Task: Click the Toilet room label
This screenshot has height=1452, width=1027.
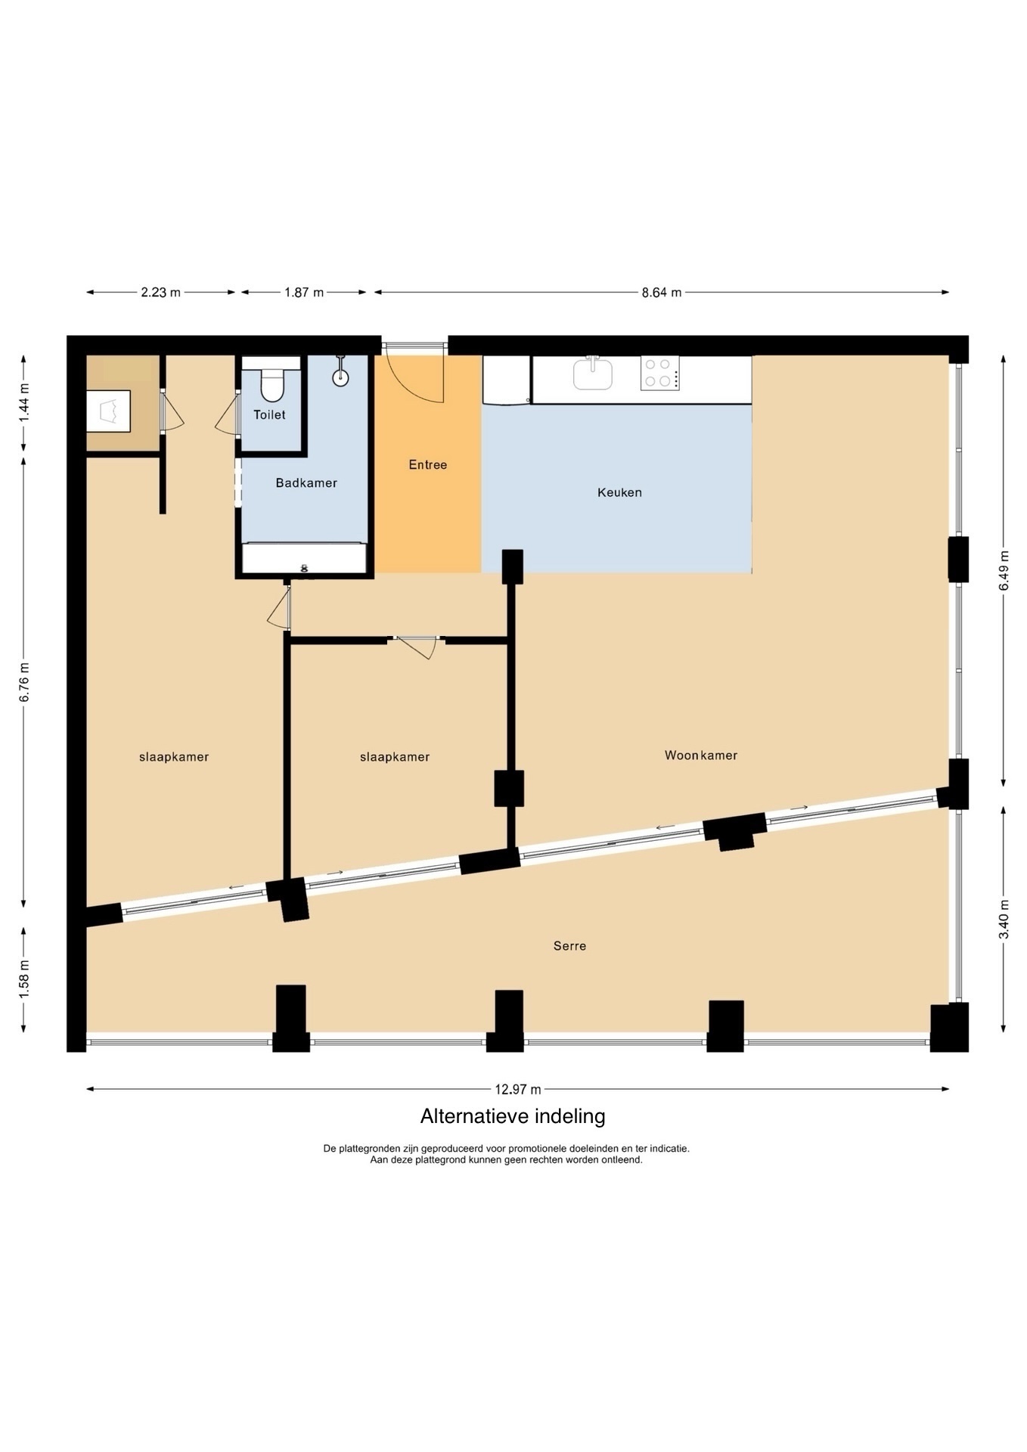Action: point(269,414)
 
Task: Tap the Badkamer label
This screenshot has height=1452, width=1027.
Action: point(306,482)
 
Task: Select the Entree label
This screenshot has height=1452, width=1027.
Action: point(428,464)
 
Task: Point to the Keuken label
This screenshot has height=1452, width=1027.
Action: point(619,492)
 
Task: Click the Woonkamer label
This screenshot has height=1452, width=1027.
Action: point(701,755)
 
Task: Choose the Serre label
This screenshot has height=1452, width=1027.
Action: point(569,945)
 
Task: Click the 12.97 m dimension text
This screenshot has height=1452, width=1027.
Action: point(518,1089)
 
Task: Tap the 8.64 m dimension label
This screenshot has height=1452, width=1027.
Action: point(662,292)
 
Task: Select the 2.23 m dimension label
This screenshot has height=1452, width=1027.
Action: point(160,292)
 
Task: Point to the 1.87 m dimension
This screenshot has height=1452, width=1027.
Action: point(304,292)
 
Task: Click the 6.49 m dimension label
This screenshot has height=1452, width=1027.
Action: point(1004,570)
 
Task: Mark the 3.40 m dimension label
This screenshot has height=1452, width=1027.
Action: point(1004,919)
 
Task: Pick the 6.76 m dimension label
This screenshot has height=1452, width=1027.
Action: point(24,682)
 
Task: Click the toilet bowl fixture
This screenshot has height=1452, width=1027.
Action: point(271,385)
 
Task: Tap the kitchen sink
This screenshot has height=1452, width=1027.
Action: point(593,374)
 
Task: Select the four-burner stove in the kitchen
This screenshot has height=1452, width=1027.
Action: point(659,373)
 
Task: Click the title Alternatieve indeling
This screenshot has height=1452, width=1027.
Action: point(513,1116)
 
